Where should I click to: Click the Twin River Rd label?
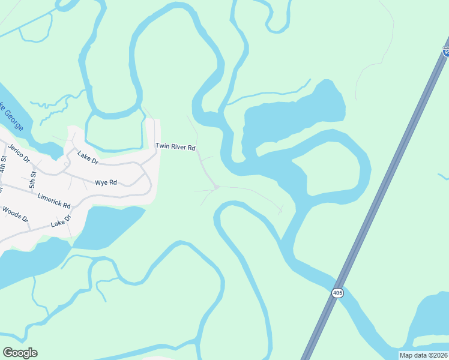175,146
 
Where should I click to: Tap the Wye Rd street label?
106,182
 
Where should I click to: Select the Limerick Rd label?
53,200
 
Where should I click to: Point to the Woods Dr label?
16,214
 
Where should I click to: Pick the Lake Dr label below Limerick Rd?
61,221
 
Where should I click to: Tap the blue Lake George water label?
13,117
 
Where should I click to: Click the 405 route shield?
337,293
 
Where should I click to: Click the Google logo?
20,353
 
